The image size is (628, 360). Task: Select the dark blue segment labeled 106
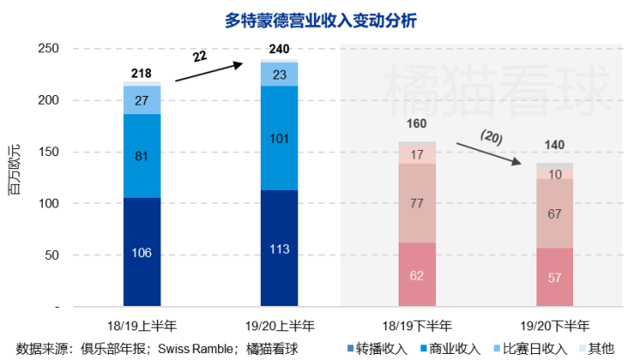pos(141,253)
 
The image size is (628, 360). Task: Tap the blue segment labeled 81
pos(141,157)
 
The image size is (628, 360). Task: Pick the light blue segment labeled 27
pos(141,100)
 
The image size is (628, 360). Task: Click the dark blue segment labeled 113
pos(279,249)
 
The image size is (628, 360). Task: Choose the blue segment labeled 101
pos(279,138)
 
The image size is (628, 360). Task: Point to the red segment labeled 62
pos(417,275)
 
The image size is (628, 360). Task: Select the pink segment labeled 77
pos(417,204)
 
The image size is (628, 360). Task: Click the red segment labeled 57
pos(555,278)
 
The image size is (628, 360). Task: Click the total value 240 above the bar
pos(279,50)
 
